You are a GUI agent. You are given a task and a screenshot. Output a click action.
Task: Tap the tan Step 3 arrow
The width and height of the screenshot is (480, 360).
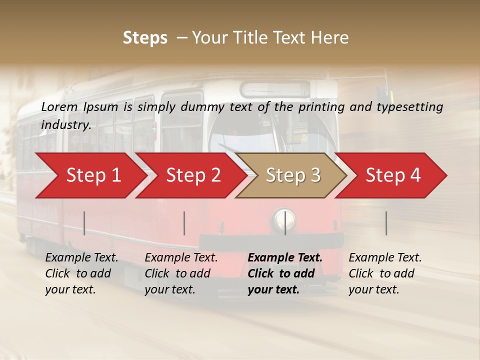click(x=292, y=175)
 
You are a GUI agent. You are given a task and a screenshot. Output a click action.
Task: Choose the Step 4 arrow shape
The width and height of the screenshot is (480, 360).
click(x=393, y=175)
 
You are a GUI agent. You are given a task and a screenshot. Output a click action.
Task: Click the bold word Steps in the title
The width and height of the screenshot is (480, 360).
click(x=145, y=38)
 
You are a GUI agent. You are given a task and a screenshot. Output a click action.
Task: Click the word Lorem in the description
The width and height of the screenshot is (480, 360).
click(x=59, y=106)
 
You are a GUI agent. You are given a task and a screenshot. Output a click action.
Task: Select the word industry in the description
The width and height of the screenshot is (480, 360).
click(x=65, y=125)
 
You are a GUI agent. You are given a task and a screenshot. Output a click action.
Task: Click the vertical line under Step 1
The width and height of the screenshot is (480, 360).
click(x=84, y=223)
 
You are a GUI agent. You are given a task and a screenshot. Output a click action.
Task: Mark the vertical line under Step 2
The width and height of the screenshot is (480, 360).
click(x=184, y=223)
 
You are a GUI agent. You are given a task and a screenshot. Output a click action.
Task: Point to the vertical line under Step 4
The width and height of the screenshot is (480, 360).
click(x=386, y=223)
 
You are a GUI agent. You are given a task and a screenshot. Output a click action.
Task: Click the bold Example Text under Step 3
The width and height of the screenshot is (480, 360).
click(x=285, y=258)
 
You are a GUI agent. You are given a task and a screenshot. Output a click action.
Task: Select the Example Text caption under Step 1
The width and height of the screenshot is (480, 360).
click(x=81, y=258)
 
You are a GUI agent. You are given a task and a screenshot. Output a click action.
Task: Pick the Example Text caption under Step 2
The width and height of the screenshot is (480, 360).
click(x=181, y=258)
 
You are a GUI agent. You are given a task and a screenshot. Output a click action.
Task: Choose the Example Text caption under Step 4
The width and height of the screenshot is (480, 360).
click(x=385, y=258)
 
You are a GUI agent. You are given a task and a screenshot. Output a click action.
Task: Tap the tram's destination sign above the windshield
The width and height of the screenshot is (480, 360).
click(x=276, y=89)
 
